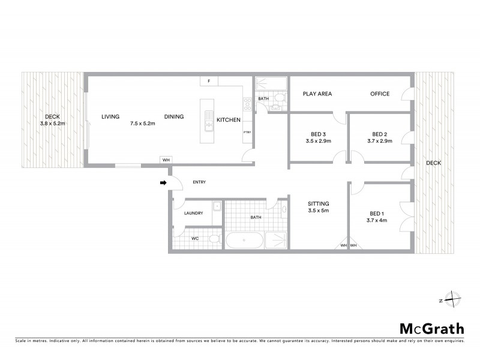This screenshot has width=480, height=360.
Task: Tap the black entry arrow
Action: (x=163, y=183)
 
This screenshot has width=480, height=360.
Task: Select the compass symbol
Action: (x=451, y=299)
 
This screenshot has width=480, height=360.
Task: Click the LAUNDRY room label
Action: (x=193, y=213)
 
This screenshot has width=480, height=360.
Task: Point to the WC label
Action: (x=194, y=238)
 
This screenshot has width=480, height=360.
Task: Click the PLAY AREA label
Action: (x=317, y=94)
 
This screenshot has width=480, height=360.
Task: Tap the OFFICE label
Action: (x=379, y=94)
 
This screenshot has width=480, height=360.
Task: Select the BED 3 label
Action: (x=319, y=134)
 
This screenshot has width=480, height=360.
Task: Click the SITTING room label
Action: (x=318, y=203)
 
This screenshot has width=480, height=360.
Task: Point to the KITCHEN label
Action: (x=228, y=119)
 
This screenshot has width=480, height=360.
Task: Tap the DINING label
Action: (x=174, y=116)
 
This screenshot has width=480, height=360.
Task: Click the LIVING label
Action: (x=110, y=116)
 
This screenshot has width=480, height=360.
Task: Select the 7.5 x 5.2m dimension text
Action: (x=143, y=124)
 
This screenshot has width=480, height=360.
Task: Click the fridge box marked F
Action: (x=209, y=80)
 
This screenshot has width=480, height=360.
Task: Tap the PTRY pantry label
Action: (x=247, y=132)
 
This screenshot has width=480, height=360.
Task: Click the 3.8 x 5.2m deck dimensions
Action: (x=52, y=124)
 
